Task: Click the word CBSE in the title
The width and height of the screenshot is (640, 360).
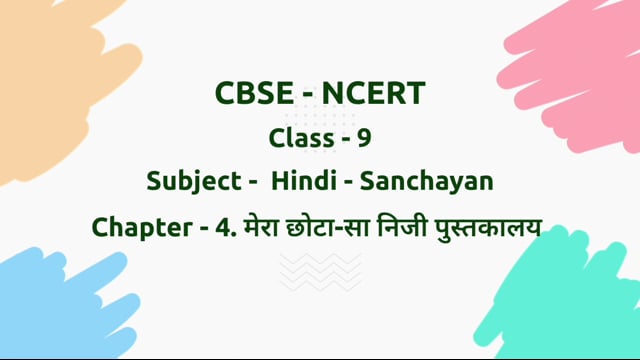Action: pos(251,94)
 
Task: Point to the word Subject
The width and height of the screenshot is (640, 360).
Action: pos(189,182)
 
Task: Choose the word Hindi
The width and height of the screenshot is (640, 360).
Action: pos(305,182)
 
